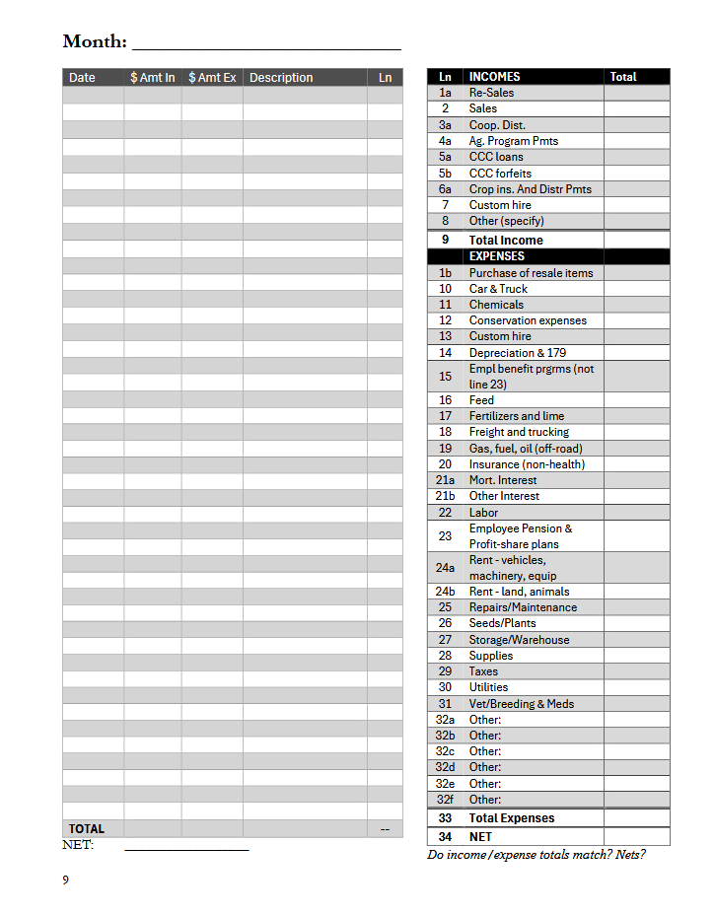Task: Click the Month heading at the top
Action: (x=95, y=41)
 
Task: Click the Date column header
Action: (x=83, y=78)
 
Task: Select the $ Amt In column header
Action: (x=153, y=78)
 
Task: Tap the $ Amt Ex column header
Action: (x=212, y=78)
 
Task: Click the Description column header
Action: (x=281, y=78)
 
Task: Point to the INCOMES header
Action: (x=494, y=77)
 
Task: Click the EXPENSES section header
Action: (x=496, y=256)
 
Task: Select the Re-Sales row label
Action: (x=491, y=93)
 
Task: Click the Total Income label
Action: (x=506, y=240)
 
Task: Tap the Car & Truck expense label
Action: (x=498, y=289)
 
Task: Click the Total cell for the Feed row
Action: (x=636, y=400)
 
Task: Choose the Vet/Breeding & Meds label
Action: (x=521, y=704)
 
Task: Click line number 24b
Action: (x=445, y=592)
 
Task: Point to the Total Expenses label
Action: (x=512, y=818)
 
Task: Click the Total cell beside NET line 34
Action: (x=636, y=837)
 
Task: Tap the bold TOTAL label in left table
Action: (x=87, y=829)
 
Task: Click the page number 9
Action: (x=66, y=880)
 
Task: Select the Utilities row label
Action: (x=488, y=687)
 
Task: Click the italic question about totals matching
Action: (x=536, y=855)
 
